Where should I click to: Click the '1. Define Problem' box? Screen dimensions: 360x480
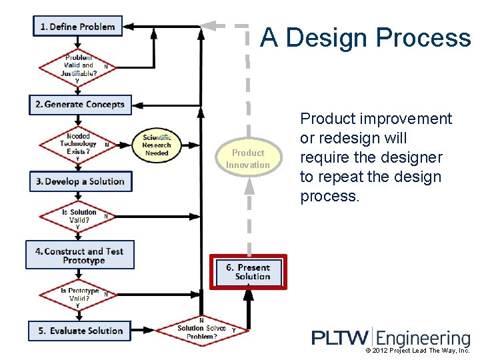tap(78, 27)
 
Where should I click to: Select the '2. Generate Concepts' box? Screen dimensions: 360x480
tap(80, 105)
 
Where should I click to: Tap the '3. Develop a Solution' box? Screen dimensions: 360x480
tap(81, 181)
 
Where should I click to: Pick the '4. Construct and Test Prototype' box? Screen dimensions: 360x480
tap(80, 255)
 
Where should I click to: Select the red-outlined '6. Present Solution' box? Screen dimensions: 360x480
tap(249, 271)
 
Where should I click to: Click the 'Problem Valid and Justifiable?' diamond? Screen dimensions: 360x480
tap(79, 66)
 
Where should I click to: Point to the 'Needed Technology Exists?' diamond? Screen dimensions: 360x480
tap(78, 144)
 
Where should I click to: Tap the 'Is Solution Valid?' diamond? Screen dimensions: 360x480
tap(79, 217)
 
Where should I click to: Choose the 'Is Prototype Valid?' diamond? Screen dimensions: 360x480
tap(79, 295)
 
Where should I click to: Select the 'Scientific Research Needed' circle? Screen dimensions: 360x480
tap(157, 145)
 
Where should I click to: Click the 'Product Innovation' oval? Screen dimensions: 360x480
tap(248, 159)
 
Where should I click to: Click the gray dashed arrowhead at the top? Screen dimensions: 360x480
tap(209, 26)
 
